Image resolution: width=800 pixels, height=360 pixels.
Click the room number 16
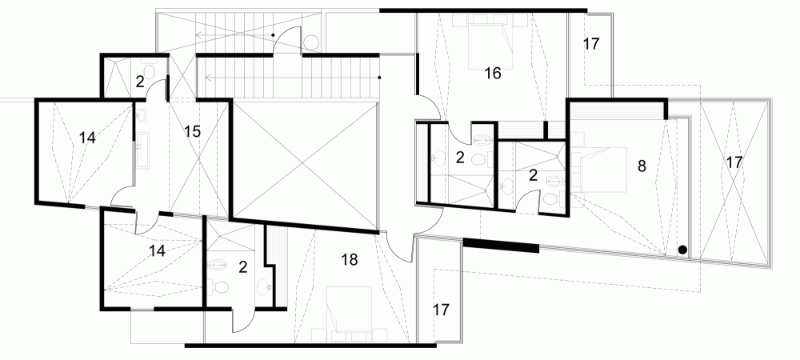[x=493, y=74]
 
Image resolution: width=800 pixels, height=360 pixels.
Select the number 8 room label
[x=640, y=167]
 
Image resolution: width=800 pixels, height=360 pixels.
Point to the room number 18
[x=349, y=259]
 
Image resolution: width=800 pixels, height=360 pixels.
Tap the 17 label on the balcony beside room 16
[x=591, y=44]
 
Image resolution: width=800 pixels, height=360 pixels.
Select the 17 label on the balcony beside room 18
[x=441, y=310]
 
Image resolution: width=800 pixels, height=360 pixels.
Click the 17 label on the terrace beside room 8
[x=734, y=162]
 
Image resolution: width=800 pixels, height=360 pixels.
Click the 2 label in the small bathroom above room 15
[x=139, y=81]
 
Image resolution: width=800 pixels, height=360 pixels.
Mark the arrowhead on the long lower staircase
[x=208, y=78]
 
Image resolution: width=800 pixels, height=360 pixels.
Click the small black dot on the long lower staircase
[x=379, y=78]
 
